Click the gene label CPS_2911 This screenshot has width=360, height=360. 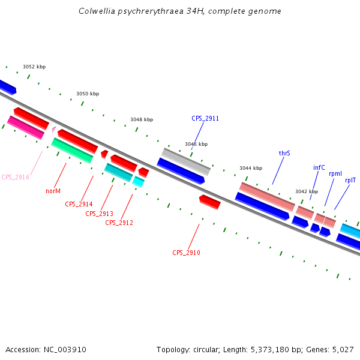tap(205, 118)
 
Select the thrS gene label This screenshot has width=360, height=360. tap(284, 153)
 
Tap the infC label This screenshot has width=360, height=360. tap(319, 167)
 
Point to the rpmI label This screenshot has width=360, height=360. tap(335, 173)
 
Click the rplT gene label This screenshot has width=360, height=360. tap(350, 179)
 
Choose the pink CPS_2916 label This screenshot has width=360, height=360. tap(15, 177)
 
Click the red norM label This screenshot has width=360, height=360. tap(53, 191)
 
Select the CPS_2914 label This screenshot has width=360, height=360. tap(79, 204)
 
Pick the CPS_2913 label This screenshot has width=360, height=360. tap(99, 214)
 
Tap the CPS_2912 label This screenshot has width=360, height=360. tap(119, 223)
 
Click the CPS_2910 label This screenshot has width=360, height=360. tap(186, 253)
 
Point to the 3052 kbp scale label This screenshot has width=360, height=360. tap(34, 67)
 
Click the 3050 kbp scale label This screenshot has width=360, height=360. tap(88, 94)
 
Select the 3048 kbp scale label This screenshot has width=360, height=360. tap(142, 119)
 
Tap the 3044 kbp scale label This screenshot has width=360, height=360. tap(251, 168)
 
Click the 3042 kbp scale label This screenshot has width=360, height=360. tap(307, 191)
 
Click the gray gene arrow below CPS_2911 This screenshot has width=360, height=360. tap(186, 161)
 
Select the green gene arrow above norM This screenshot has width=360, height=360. tap(72, 150)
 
